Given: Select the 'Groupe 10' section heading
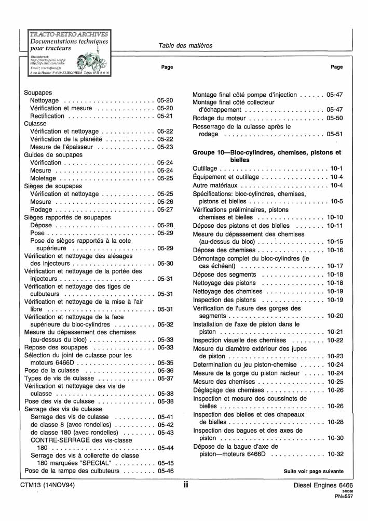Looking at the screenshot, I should [267, 157].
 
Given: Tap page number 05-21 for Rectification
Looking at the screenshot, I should [165, 116].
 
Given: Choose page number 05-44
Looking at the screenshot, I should [165, 448].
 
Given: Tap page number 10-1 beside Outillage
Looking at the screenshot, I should [336, 168].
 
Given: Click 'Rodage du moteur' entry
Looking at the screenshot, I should [217, 118].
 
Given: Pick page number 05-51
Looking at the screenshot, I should [335, 134].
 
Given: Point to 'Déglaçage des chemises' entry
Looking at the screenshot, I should [228, 390].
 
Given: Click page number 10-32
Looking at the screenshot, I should [335, 454].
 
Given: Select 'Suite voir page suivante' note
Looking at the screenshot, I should [313, 472].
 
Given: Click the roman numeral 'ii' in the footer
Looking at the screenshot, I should [185, 485].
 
